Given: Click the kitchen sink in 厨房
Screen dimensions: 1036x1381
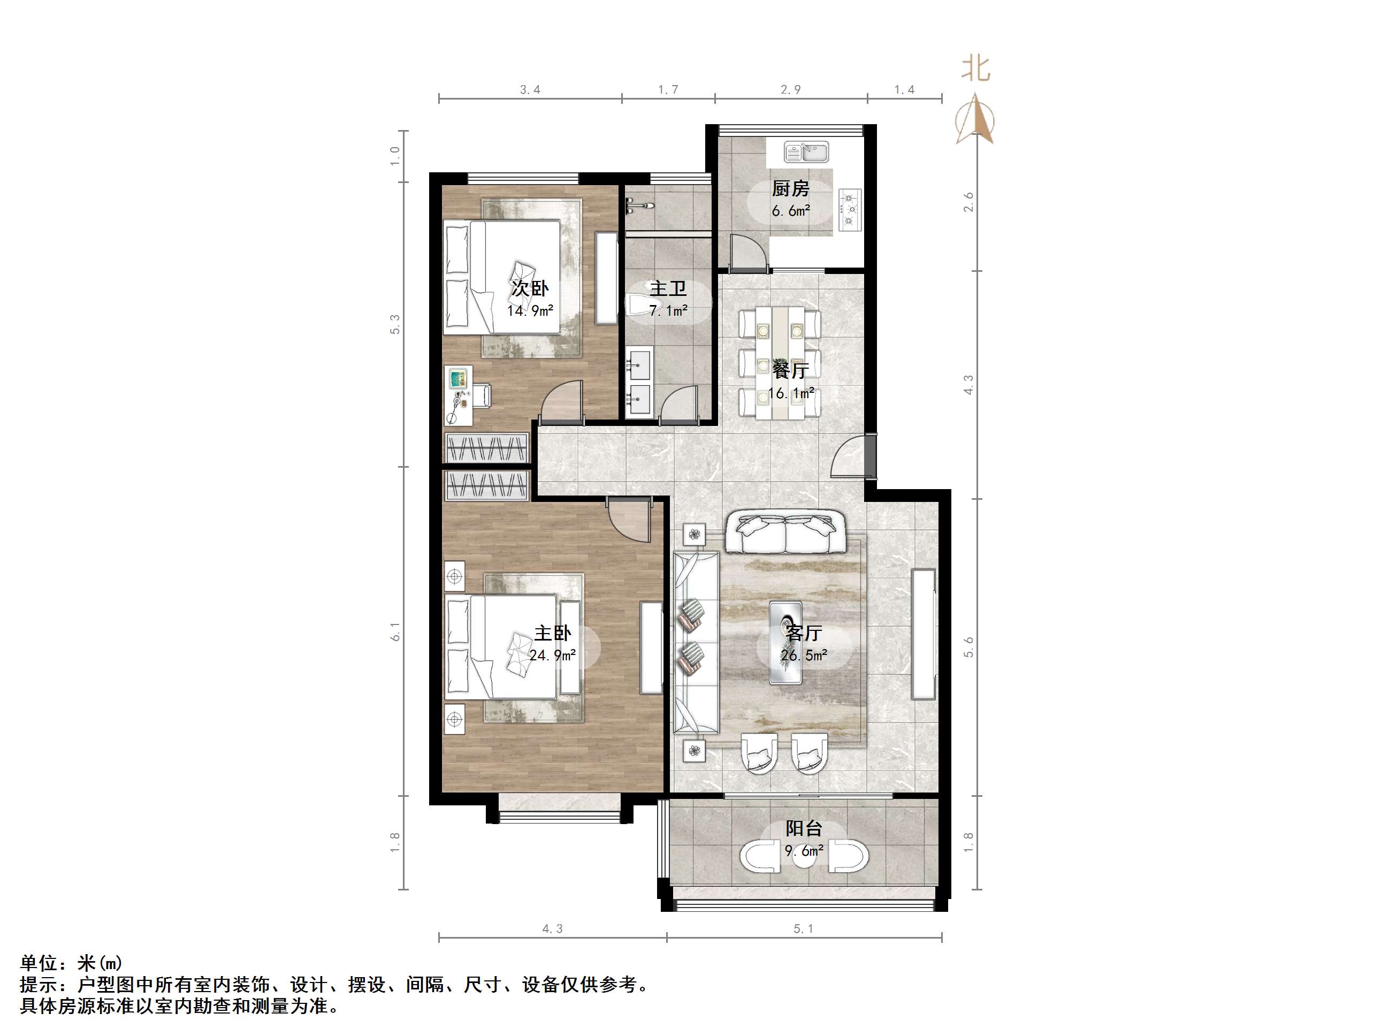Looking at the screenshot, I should [x=807, y=152].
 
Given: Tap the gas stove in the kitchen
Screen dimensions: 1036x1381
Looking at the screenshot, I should [x=850, y=209].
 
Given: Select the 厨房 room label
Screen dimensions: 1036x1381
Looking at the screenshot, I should [x=790, y=188].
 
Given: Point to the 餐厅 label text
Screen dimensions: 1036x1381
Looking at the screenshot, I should [x=790, y=370].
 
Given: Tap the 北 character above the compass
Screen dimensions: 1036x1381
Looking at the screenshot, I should [x=975, y=68].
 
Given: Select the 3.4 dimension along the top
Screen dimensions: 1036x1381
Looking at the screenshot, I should [x=530, y=90].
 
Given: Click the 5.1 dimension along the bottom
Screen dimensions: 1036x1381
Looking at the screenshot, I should [x=804, y=928].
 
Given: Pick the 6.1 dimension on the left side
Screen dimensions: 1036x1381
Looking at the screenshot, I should [x=394, y=631].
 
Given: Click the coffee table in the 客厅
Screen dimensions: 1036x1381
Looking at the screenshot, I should [x=785, y=643].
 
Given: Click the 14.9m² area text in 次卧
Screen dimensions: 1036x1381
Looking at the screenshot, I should [x=530, y=310].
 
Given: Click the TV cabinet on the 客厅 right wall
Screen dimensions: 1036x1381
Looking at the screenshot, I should [x=924, y=633].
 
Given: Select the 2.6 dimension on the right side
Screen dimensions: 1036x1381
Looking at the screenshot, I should [x=968, y=202].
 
